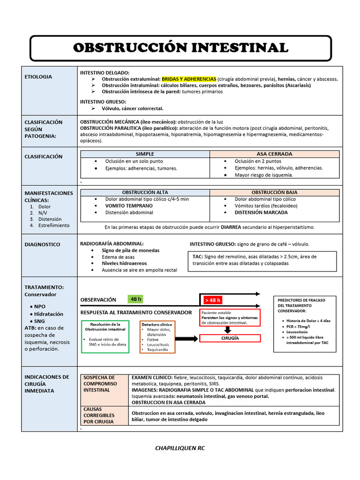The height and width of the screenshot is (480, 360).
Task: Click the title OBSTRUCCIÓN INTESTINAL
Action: point(180,48)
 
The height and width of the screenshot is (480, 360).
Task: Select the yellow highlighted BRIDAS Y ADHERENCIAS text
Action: point(189,79)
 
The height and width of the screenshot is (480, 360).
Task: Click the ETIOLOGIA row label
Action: point(38,76)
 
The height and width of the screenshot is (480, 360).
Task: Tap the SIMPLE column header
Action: point(145,154)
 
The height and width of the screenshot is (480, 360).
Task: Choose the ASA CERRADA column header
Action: point(274,154)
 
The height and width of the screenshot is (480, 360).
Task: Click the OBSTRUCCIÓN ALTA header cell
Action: point(145,192)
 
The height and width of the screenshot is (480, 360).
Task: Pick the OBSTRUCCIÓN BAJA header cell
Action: point(274,192)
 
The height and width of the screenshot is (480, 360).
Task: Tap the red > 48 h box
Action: point(212,300)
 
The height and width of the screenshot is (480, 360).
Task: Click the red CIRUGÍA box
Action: point(230,338)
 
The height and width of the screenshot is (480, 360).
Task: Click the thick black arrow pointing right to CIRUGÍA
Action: point(187,338)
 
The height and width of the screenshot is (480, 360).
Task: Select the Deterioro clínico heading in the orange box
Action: point(157,324)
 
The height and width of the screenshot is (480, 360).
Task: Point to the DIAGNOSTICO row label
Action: point(43,244)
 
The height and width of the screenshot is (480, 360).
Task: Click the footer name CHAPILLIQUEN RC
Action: point(180,448)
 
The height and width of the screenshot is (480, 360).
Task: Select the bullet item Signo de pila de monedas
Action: point(130,250)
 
